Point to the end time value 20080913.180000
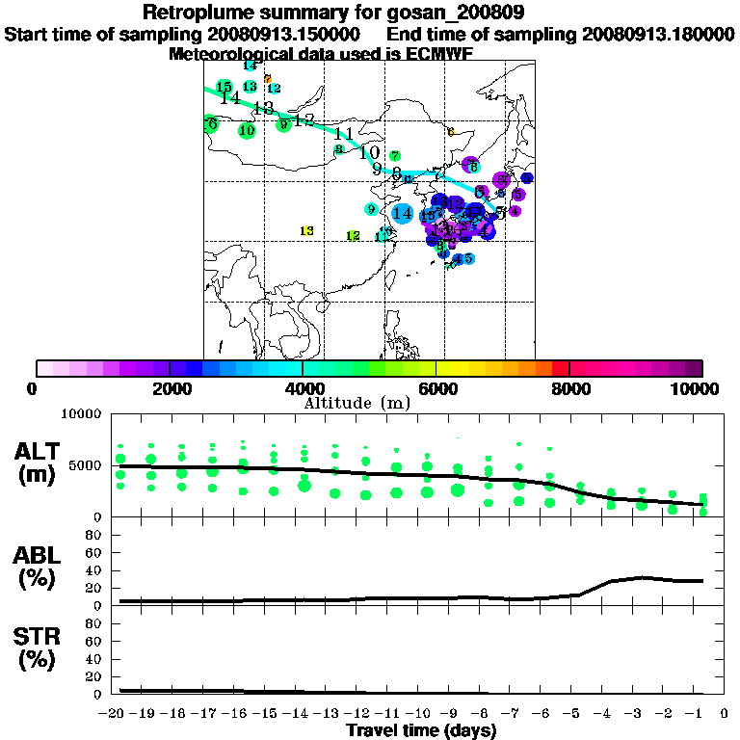(658, 34)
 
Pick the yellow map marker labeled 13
(306, 230)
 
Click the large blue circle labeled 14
(403, 213)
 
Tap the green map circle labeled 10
(247, 130)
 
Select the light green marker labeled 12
(353, 236)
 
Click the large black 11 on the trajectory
(343, 135)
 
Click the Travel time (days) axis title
(421, 730)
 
